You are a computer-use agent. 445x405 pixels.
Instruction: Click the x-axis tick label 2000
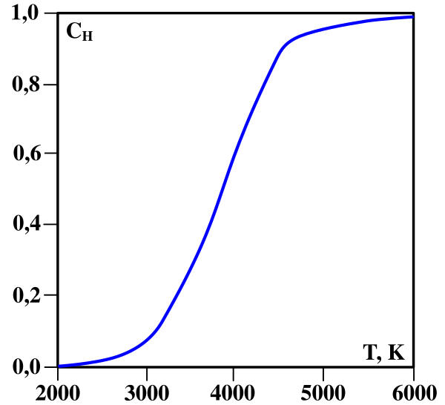pos(58,391)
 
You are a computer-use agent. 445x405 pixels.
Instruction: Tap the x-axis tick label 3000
pos(147,391)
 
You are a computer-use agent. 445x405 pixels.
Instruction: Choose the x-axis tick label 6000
pos(413,391)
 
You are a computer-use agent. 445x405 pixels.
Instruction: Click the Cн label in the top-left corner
pos(79,33)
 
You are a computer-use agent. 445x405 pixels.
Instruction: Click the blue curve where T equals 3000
pos(147,340)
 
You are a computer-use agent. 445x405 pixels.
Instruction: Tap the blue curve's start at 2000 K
pos(59,366)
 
